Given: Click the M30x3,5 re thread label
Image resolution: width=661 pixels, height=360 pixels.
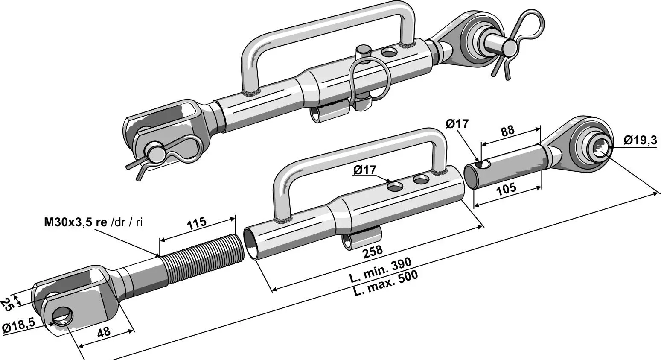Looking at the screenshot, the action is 76,222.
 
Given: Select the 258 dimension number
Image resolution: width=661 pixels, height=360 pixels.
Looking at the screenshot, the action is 373,252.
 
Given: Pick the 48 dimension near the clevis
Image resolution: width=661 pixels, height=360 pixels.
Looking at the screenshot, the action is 104,332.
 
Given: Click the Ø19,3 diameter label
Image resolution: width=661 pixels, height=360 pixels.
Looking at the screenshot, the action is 640,140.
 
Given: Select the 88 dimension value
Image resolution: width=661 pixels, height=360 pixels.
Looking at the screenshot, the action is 507,131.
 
